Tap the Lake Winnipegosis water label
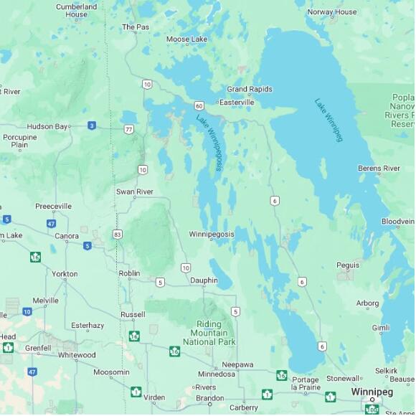[209, 142]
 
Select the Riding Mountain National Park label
[209, 333]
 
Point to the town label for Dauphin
[204, 280]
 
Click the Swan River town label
[134, 192]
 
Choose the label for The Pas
[135, 27]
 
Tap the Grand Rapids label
[250, 89]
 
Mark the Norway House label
[331, 12]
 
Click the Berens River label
[379, 169]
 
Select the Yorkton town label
[65, 274]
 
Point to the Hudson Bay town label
[47, 126]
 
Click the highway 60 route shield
[199, 105]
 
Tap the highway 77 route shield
[128, 129]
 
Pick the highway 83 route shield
[118, 234]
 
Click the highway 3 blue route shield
[92, 126]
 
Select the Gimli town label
[381, 328]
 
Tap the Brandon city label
[209, 398]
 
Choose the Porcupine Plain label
[19, 141]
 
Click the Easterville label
[237, 103]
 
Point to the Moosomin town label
[111, 372]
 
